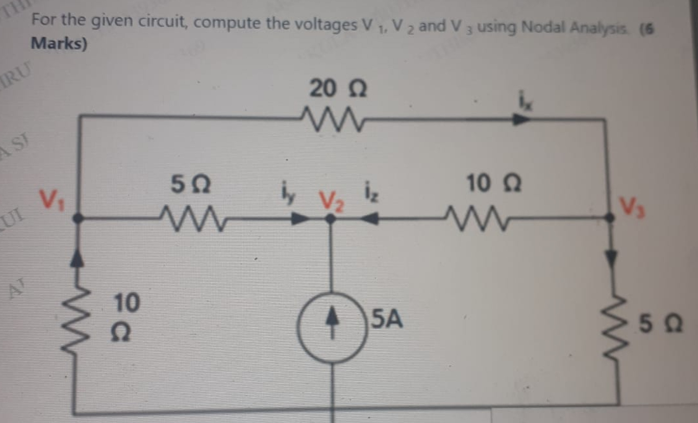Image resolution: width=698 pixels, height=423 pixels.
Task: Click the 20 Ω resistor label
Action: coord(338,89)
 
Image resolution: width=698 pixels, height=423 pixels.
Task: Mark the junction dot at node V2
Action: coord(330,218)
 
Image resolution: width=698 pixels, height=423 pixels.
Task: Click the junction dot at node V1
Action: coord(78,218)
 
